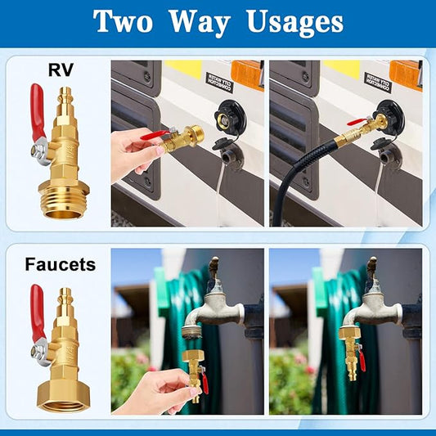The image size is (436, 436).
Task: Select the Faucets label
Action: pyautogui.click(x=60, y=264)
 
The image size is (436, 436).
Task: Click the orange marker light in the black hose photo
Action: pyautogui.click(x=405, y=73)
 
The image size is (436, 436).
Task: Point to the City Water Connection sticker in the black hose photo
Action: pyautogui.click(x=377, y=81)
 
